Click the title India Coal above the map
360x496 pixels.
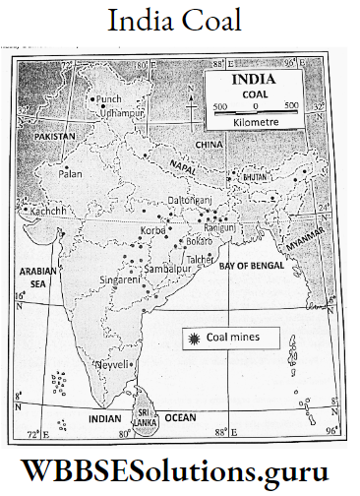[181, 21]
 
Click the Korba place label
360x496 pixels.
[155, 229]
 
